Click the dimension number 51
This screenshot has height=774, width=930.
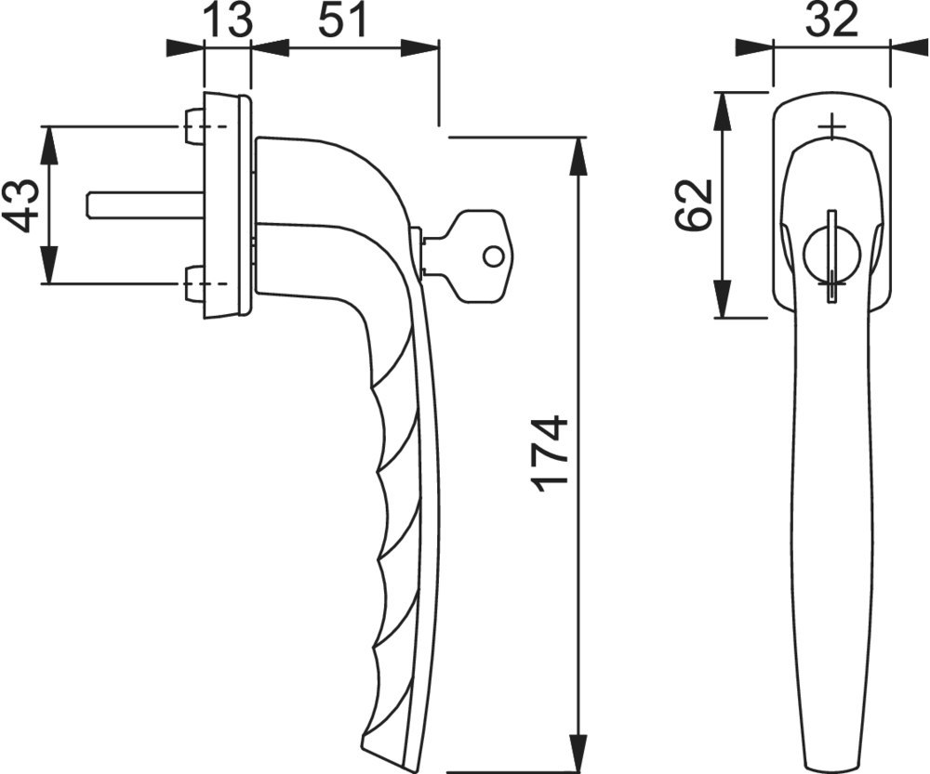tap(343, 20)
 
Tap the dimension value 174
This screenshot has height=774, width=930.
tap(551, 454)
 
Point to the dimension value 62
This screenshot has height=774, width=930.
tap(693, 205)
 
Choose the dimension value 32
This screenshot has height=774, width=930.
tap(832, 20)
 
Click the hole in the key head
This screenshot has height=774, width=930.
tap(492, 256)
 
